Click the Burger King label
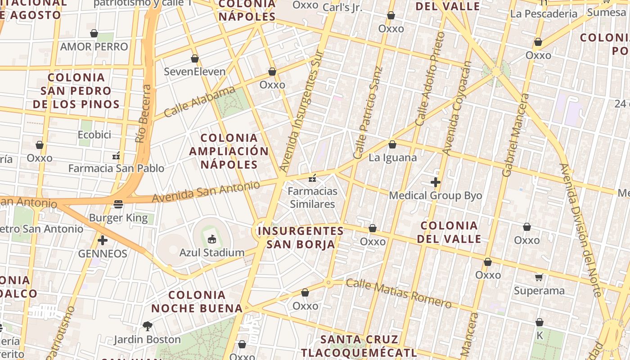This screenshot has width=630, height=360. pyautogui.click(x=118, y=218)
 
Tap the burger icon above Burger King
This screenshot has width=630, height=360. pyautogui.click(x=118, y=205)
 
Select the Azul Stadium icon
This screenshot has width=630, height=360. pyautogui.click(x=212, y=239)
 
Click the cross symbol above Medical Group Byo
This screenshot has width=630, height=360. pyautogui.click(x=435, y=182)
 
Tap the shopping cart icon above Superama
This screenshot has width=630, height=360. pyautogui.click(x=539, y=277)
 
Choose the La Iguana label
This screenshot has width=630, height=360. pyautogui.click(x=392, y=158)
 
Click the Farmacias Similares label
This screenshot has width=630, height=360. pyautogui.click(x=312, y=198)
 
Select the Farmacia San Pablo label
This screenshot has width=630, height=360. pyautogui.click(x=116, y=169)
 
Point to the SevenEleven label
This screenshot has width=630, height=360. pyautogui.click(x=194, y=72)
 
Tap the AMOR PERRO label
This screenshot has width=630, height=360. pyautogui.click(x=94, y=47)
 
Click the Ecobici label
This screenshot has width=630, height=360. pyautogui.click(x=94, y=135)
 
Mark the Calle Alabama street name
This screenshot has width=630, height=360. pyautogui.click(x=199, y=102)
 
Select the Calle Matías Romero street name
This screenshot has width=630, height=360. pyautogui.click(x=399, y=293)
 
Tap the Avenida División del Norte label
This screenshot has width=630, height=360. pyautogui.click(x=580, y=229)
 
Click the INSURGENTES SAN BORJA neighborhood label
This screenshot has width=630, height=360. pyautogui.click(x=301, y=238)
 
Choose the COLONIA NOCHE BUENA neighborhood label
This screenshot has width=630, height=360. pyautogui.click(x=197, y=301)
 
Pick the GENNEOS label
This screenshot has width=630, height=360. pyautogui.click(x=103, y=254)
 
